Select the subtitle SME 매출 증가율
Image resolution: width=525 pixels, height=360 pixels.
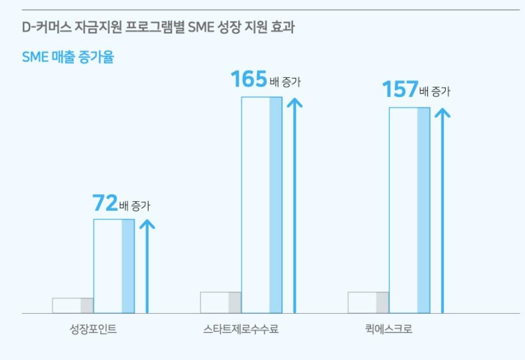click(x=68, y=58)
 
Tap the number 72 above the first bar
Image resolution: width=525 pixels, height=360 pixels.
click(x=105, y=203)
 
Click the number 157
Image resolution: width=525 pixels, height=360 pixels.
click(x=400, y=90)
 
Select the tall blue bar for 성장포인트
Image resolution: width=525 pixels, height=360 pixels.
click(x=114, y=266)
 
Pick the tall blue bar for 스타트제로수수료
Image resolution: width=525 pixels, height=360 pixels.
click(x=261, y=205)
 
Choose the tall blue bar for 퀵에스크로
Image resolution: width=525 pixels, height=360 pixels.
click(x=409, y=210)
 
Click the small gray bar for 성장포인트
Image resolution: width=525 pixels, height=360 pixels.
click(x=73, y=306)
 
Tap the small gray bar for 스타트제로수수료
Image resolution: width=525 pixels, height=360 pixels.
click(x=221, y=303)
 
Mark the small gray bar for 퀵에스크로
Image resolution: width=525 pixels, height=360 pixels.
click(x=368, y=303)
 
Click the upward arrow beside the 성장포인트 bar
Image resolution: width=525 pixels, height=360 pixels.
click(x=147, y=266)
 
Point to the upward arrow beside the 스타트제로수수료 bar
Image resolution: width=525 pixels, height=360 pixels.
click(x=295, y=205)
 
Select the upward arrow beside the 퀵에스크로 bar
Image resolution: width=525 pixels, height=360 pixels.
click(x=443, y=210)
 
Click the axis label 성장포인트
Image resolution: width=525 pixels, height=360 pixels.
click(x=93, y=331)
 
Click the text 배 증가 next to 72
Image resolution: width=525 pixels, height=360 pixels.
click(x=134, y=206)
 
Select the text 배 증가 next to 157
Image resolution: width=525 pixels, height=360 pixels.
click(x=435, y=92)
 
